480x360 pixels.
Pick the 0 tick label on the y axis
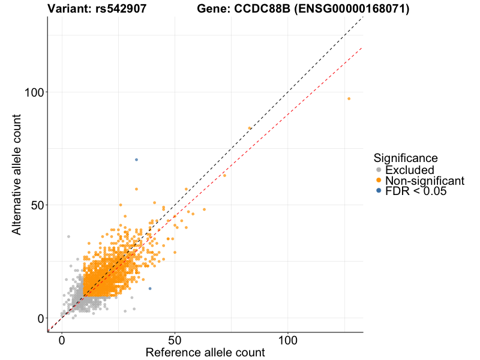tap(40, 318)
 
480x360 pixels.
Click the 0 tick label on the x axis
tap(62, 339)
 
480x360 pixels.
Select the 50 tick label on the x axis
tap(175, 339)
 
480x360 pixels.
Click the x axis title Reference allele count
tap(205, 353)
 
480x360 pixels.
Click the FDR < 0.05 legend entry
tap(416, 191)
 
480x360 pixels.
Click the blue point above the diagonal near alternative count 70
tap(136, 160)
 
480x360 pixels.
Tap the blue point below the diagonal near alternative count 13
tap(150, 289)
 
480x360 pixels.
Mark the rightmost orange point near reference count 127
tap(349, 98)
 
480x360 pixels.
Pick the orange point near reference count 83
tap(250, 128)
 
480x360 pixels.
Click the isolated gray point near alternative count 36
tap(68, 236)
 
